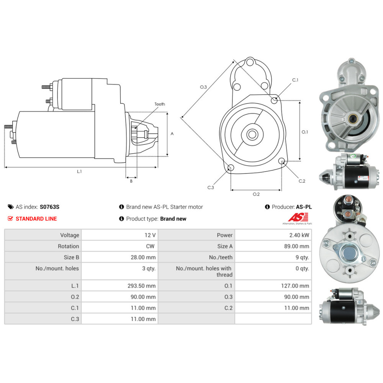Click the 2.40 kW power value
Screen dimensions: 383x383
point(299,235)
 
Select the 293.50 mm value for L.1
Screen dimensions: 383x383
point(141,286)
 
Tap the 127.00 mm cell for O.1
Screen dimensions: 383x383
point(295,286)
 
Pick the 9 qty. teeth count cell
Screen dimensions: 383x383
point(302,257)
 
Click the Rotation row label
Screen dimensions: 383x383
point(69,246)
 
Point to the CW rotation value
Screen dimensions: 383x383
point(150,246)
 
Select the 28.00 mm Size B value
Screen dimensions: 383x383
point(143,257)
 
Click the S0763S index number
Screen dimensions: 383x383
point(49,207)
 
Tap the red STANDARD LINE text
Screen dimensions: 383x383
point(36,219)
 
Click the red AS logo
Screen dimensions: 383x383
point(298,217)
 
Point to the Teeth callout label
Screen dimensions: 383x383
point(160,104)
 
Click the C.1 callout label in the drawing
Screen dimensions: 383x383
point(295,80)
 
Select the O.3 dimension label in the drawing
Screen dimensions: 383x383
point(203,87)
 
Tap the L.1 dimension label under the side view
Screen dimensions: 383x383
point(79,172)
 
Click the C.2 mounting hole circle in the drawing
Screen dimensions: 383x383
point(282,161)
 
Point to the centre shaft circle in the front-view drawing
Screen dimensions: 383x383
point(252,134)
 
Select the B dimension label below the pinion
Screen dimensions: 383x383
point(131,181)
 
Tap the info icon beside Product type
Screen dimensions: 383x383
point(121,219)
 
